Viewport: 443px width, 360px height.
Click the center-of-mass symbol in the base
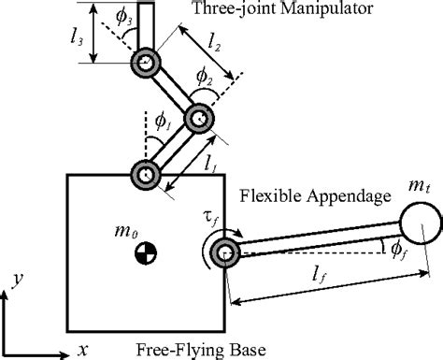[x=146, y=251]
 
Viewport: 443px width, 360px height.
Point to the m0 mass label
[x=143, y=224]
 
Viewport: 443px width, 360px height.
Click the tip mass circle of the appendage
[x=418, y=225]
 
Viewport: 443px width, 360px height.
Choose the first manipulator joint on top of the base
[x=146, y=174]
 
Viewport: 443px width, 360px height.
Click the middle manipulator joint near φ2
[x=198, y=119]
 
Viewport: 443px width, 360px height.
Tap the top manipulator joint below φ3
[x=145, y=64]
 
